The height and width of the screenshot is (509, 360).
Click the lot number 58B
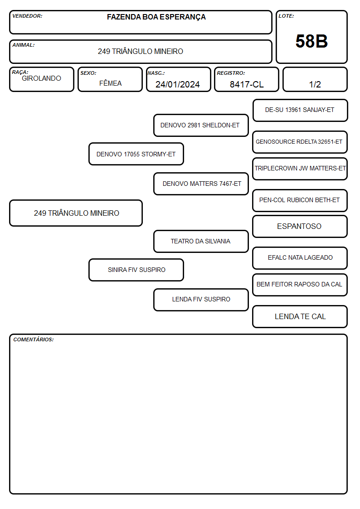(x=311, y=41)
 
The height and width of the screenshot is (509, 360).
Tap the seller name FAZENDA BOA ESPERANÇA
(x=156, y=17)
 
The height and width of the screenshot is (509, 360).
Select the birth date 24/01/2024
(x=178, y=84)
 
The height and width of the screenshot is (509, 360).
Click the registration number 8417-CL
(x=247, y=84)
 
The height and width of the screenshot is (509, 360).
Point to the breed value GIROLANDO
(x=41, y=78)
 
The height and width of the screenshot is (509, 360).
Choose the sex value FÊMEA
(x=110, y=83)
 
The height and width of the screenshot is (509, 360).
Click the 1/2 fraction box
(x=315, y=79)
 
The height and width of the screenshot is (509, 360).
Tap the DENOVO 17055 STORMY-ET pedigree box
(x=136, y=154)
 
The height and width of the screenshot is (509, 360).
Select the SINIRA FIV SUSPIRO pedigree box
(x=136, y=270)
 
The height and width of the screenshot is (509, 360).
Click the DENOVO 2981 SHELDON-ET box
(x=201, y=125)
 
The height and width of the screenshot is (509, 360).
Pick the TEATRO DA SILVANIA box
(x=201, y=241)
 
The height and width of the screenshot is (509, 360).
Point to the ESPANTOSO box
(x=300, y=226)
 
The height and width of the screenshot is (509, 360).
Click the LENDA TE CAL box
(x=300, y=316)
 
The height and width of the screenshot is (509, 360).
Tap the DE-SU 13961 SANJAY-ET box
(x=300, y=110)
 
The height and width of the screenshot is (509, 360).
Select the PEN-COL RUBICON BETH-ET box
(x=300, y=200)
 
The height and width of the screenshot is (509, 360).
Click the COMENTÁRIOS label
(x=34, y=339)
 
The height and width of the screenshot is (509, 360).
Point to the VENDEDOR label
(x=27, y=16)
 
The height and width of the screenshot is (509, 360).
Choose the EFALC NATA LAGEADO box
(x=300, y=258)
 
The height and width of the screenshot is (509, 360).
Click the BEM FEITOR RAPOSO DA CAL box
(x=300, y=285)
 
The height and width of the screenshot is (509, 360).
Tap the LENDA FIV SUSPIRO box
(x=201, y=300)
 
